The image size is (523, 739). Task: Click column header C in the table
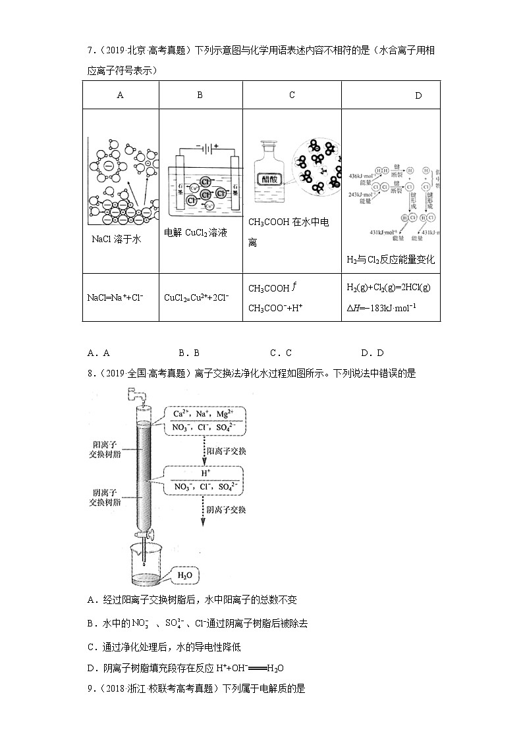pos(292,95)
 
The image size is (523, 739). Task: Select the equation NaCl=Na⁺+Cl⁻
pos(115,297)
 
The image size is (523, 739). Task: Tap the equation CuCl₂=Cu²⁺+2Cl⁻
pos(196,297)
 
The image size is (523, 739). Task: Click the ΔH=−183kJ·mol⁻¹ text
pos(381,307)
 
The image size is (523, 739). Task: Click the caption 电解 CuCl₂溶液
pos(196,233)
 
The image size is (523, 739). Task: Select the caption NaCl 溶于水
pos(117,240)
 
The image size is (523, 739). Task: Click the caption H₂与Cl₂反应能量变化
pos(390,259)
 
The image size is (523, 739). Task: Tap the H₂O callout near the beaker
pos(185,576)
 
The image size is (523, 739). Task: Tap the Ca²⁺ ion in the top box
pos(177,413)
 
